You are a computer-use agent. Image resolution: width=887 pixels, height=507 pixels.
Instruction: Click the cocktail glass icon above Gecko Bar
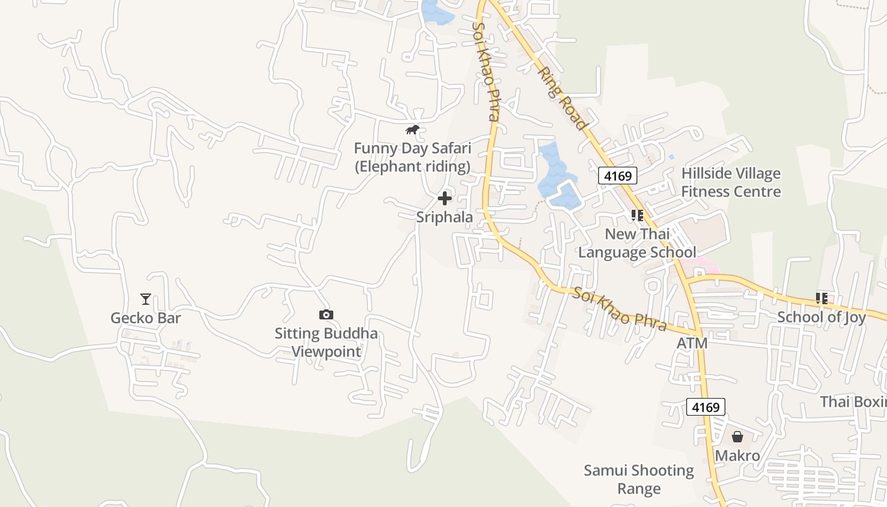(146, 298)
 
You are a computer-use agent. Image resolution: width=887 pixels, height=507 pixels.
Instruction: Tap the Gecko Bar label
(146, 318)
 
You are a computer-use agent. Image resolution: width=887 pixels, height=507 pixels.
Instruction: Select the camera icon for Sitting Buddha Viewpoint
(326, 314)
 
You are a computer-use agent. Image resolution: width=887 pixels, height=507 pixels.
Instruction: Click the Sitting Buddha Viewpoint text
(326, 342)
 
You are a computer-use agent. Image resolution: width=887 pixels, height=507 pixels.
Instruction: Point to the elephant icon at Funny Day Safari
(412, 130)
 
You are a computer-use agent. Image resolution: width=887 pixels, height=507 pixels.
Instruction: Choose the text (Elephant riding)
(412, 167)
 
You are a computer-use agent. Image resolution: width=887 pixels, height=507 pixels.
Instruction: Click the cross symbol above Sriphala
(445, 198)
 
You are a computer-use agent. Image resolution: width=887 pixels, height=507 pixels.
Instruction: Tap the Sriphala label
(445, 217)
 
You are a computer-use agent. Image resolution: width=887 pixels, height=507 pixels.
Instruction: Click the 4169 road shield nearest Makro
(706, 407)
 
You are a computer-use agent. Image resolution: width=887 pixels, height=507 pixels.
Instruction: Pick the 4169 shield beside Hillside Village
(618, 176)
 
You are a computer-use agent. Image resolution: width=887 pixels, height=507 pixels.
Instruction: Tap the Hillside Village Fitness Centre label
(731, 183)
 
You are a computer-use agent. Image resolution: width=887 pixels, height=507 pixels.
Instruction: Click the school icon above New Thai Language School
(637, 215)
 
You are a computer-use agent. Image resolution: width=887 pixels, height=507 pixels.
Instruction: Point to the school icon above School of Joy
(822, 298)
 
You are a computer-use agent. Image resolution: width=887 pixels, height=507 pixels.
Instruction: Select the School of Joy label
(822, 317)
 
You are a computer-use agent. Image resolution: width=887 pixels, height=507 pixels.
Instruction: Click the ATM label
(692, 343)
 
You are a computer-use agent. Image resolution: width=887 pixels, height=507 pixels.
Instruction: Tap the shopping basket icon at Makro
(737, 437)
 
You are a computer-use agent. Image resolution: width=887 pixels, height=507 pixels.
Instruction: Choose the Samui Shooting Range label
(639, 479)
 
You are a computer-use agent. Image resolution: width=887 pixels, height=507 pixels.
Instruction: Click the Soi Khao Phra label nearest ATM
(620, 309)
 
